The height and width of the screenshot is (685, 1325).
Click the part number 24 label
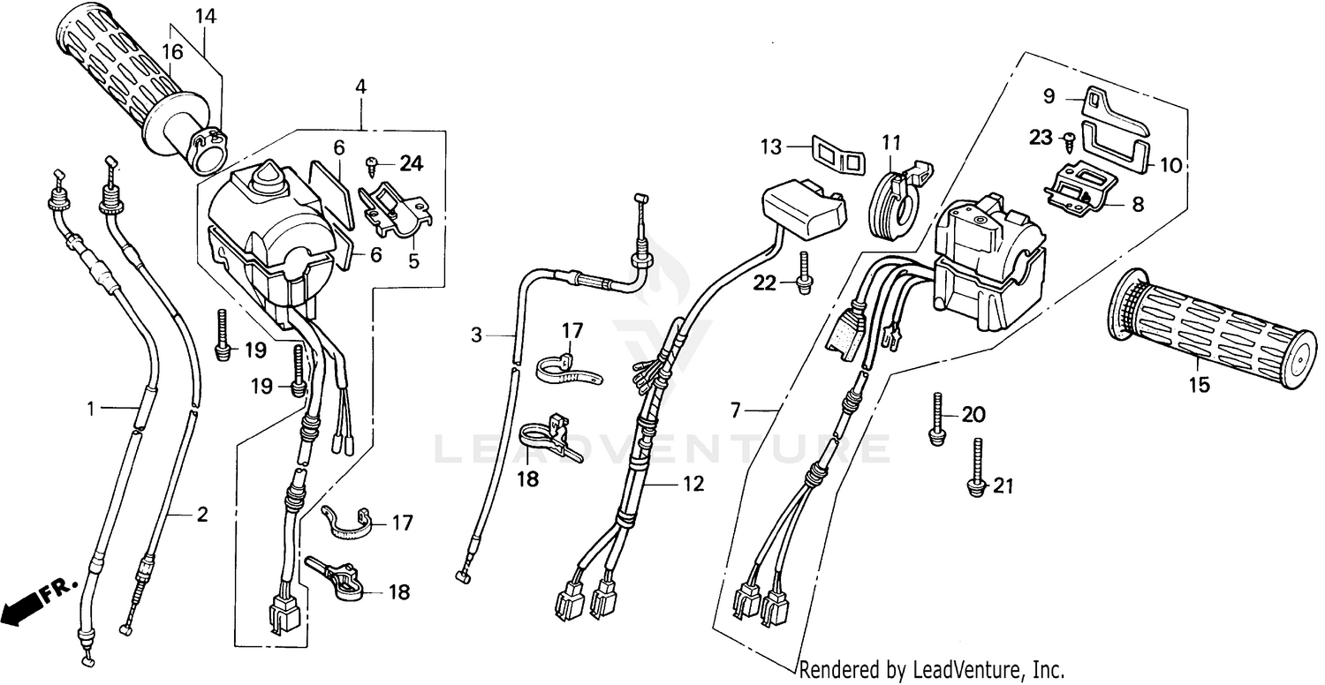coord(411,162)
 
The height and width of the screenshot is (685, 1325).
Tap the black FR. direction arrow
coord(22,607)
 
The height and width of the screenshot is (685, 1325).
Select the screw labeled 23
coord(1070,138)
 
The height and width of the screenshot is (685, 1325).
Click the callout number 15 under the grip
coord(1199,385)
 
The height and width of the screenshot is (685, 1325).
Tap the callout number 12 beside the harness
coord(693,484)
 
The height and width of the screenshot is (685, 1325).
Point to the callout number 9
coord(1049,95)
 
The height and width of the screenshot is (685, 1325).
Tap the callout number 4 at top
coord(360,87)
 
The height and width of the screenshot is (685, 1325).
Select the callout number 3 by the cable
coord(476,335)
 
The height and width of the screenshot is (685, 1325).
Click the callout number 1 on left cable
coord(91,408)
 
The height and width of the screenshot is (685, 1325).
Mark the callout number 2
coord(202,515)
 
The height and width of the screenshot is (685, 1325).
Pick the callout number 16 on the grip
coord(171,52)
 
